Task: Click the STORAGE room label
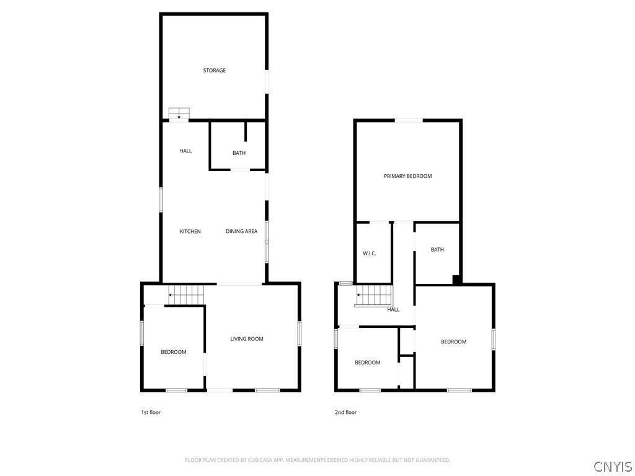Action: (x=214, y=71)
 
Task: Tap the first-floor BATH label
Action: (x=239, y=153)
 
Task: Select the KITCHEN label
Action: (x=190, y=232)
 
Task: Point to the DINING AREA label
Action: (x=241, y=232)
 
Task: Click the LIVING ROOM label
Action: (x=247, y=339)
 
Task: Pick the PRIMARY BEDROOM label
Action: (x=408, y=176)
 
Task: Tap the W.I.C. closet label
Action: (x=370, y=253)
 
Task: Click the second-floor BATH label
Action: (x=437, y=249)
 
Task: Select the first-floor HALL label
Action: (x=185, y=151)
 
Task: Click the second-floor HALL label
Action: (x=393, y=310)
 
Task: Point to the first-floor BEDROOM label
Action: (x=174, y=352)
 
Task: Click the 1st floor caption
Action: (x=151, y=412)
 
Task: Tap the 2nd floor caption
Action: (x=345, y=412)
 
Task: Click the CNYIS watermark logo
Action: (x=613, y=466)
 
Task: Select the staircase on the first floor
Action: (x=186, y=294)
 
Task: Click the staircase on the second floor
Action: (x=374, y=296)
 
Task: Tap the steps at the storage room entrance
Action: (x=179, y=113)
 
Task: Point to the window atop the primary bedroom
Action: (x=409, y=120)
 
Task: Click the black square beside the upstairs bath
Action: (x=456, y=280)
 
